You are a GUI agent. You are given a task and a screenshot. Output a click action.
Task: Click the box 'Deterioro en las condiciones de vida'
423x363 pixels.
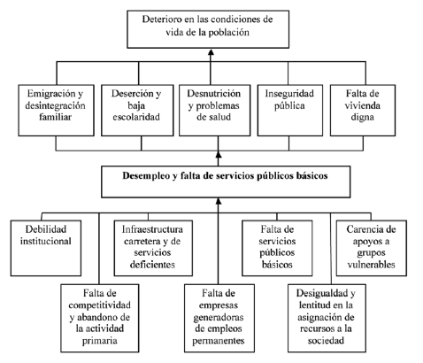[x=208, y=29]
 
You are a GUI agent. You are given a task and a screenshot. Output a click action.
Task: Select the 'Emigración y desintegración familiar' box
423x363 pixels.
[x=57, y=111]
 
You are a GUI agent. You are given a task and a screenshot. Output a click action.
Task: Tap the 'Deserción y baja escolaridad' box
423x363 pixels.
[x=137, y=111]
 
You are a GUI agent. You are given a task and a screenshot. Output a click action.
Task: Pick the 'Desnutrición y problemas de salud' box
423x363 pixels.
[x=215, y=111]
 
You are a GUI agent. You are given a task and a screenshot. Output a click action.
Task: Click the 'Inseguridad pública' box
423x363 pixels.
[x=290, y=111]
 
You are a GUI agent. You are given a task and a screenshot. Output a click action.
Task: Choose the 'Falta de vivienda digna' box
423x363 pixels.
[x=363, y=111]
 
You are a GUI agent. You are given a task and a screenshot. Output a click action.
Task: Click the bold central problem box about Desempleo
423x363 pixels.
[x=226, y=181]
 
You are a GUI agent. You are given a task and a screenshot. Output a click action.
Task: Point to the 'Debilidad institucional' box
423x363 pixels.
[x=46, y=248]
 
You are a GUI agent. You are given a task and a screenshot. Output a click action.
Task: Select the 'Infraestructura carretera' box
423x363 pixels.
[x=153, y=248]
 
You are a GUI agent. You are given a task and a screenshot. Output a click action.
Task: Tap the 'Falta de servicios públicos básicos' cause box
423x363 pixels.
[x=277, y=248]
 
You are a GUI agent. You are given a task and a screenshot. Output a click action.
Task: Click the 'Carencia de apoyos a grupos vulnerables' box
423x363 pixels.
[x=372, y=248]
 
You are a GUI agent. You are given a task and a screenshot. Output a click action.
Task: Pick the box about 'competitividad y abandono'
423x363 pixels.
[x=100, y=318]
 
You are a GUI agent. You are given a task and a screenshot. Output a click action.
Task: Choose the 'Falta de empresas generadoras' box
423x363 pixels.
[x=219, y=318]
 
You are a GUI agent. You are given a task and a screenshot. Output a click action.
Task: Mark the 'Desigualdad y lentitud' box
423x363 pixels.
[x=327, y=318]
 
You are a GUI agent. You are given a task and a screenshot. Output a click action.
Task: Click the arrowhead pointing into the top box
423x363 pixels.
[x=211, y=52]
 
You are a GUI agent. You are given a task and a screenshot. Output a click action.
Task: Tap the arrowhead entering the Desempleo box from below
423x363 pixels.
[x=219, y=201]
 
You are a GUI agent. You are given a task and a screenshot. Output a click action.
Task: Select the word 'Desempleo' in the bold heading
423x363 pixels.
[x=146, y=175]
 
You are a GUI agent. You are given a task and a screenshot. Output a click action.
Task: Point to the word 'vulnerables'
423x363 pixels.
[x=371, y=264]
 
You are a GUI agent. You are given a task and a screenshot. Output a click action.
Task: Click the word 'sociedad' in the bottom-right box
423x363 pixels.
[x=326, y=340]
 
